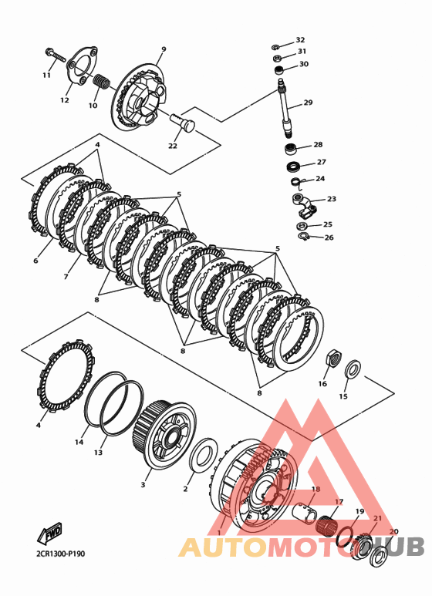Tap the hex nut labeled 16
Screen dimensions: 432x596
(333, 358)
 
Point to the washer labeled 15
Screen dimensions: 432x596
(353, 369)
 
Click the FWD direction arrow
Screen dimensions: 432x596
(50, 533)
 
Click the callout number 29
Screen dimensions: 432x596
(308, 103)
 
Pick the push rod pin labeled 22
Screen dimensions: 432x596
(183, 123)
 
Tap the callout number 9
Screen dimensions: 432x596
(164, 49)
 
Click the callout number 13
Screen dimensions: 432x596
(99, 453)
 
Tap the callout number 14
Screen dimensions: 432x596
(79, 442)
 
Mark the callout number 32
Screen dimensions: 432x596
(300, 40)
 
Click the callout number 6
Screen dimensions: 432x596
(35, 261)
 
